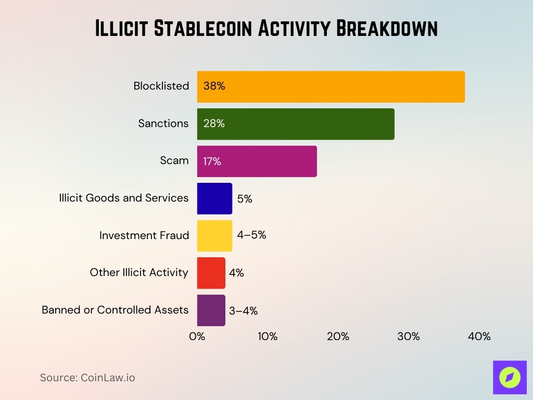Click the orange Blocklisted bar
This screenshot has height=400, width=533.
pyautogui.click(x=331, y=86)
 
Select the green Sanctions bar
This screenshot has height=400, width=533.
pyautogui.click(x=295, y=124)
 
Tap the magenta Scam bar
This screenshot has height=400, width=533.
pyautogui.click(x=257, y=161)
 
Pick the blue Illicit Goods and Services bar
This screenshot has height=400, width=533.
pyautogui.click(x=214, y=198)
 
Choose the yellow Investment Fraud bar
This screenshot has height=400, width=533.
pyautogui.click(x=214, y=236)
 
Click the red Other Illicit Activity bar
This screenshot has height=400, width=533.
pyautogui.click(x=211, y=273)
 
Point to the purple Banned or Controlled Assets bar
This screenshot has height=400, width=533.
pyautogui.click(x=211, y=310)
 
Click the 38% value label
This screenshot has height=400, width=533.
pyautogui.click(x=214, y=86)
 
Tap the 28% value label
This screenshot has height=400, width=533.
pyautogui.click(x=214, y=124)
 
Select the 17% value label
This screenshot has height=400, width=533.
pyautogui.click(x=212, y=161)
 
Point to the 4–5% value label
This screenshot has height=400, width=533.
pyautogui.click(x=251, y=235)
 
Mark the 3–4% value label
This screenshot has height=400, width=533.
pyautogui.click(x=243, y=311)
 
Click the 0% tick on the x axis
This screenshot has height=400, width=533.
pyautogui.click(x=197, y=337)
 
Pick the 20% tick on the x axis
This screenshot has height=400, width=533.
pyautogui.click(x=338, y=337)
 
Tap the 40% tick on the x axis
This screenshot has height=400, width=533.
pyautogui.click(x=479, y=337)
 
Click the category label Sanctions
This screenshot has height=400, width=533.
pyautogui.click(x=163, y=123)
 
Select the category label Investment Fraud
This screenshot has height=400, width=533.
pyautogui.click(x=144, y=236)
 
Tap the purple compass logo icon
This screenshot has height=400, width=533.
pyautogui.click(x=510, y=377)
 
